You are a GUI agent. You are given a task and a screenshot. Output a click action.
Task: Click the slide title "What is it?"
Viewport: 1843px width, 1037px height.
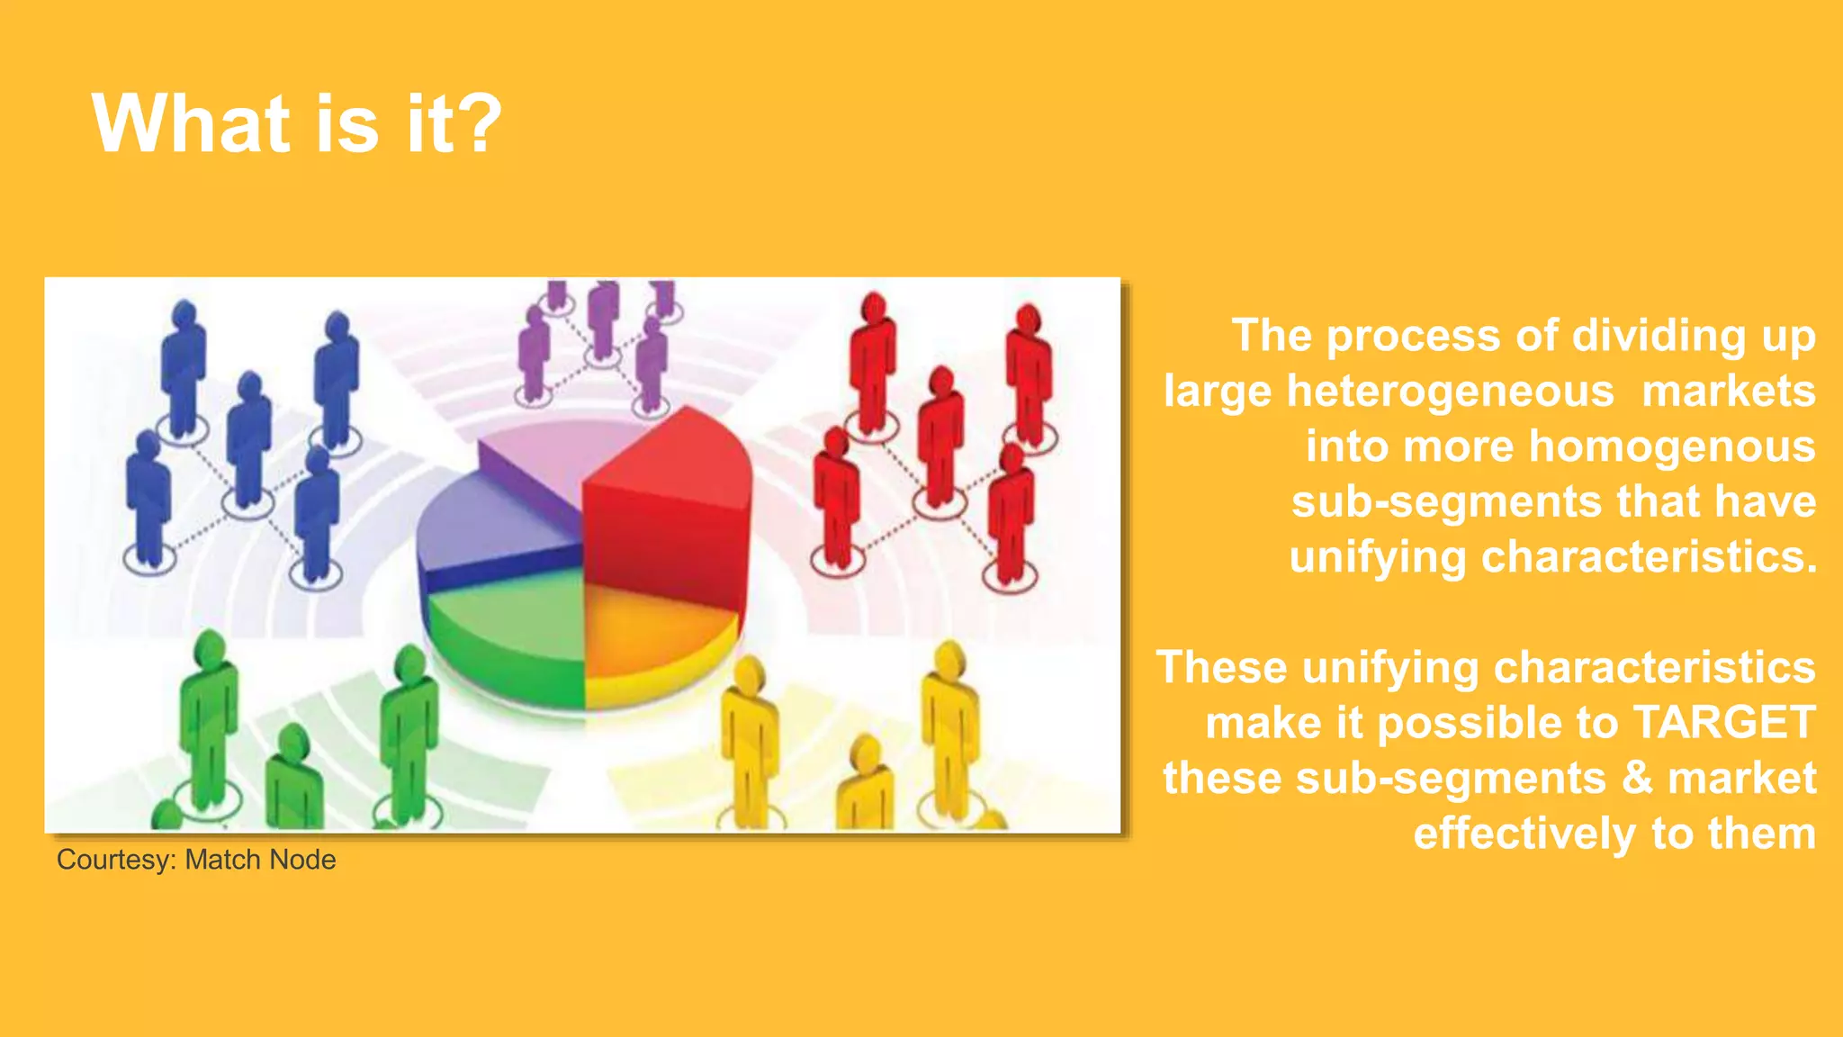(296, 123)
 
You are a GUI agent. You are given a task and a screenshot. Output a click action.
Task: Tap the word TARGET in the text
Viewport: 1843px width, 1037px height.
(1723, 723)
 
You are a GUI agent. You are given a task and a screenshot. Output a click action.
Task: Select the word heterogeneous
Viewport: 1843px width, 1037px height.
(1450, 392)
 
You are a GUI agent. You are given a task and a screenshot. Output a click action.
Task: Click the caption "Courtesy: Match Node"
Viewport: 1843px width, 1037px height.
(196, 860)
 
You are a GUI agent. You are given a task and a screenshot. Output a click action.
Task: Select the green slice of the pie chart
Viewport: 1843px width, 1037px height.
(508, 630)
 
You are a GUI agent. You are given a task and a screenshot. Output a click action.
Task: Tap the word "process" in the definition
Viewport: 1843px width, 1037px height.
(1413, 336)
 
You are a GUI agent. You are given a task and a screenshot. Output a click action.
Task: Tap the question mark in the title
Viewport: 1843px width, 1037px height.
(483, 123)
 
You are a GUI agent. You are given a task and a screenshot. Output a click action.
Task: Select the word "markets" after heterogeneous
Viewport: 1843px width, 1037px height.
(1728, 392)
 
